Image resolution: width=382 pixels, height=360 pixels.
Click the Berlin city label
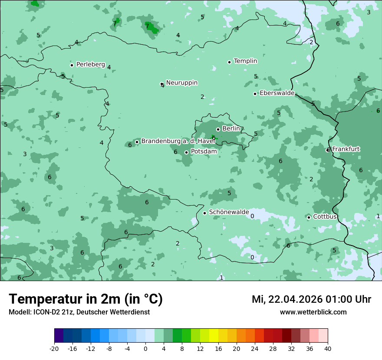[231, 129]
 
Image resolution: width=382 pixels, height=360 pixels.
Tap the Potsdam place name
[204, 152]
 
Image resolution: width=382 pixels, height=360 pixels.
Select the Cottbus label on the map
[325, 216]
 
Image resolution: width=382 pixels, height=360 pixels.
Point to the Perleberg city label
[90, 65]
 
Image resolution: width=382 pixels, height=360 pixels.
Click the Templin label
[245, 61]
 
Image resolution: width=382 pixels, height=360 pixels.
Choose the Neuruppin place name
[181, 83]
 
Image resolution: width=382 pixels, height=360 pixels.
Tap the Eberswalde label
[277, 93]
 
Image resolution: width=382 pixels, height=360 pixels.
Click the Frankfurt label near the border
[346, 149]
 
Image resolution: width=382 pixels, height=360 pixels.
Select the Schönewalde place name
[229, 213]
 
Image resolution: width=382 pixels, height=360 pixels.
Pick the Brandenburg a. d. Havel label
[178, 141]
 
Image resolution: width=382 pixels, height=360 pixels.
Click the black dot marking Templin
[229, 62]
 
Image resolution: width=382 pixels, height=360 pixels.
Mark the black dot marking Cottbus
[309, 217]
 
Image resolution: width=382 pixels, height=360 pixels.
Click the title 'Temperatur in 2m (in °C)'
[86, 299]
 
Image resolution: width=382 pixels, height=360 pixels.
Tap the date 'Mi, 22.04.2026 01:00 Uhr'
[311, 299]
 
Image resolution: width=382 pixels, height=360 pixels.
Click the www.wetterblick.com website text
[313, 312]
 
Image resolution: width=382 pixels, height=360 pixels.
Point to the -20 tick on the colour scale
[54, 348]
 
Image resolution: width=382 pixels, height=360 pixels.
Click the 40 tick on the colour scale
[327, 348]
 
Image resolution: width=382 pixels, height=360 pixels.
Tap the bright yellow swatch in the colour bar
[214, 336]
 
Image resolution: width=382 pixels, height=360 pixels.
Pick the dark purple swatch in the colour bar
[59, 336]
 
